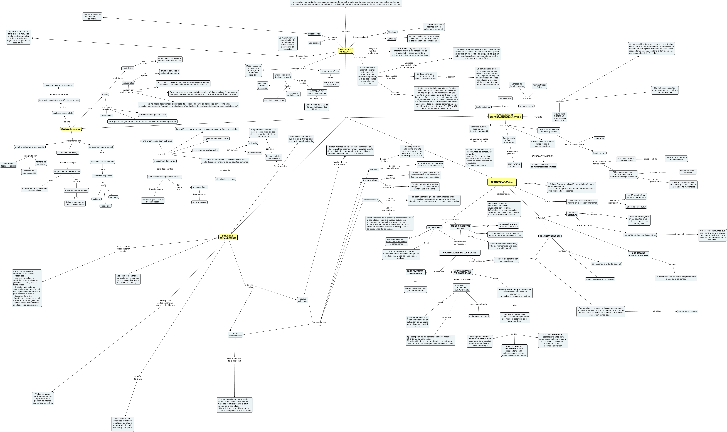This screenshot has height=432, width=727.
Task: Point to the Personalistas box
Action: point(314,34)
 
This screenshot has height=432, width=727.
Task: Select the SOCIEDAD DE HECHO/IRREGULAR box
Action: point(317,92)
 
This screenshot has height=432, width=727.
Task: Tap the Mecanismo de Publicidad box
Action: point(293,94)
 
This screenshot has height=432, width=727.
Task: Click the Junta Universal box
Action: point(483,107)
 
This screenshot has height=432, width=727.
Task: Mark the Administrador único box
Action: point(539,86)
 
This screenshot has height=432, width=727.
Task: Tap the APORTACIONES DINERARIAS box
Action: point(415,272)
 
